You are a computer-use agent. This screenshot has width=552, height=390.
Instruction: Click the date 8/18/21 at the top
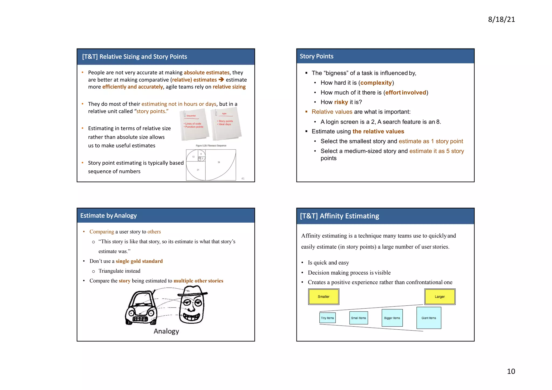tap(501, 19)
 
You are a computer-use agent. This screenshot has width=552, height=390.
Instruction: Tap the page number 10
tap(511, 371)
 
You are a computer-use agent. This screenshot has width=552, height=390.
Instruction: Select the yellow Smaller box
tap(323, 296)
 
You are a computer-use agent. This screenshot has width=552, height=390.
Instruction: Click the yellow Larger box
tap(440, 296)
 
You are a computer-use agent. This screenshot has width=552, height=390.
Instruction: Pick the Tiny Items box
tap(327, 318)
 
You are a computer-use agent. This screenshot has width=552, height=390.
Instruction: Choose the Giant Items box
tap(429, 318)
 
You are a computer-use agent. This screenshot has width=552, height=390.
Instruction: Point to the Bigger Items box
tap(392, 318)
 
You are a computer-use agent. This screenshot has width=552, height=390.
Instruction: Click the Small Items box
tap(358, 318)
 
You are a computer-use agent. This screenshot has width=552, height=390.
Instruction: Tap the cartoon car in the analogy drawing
tap(141, 309)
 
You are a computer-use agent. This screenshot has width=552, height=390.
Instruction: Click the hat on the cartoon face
tap(193, 291)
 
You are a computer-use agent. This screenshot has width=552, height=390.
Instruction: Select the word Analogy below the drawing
tap(166, 331)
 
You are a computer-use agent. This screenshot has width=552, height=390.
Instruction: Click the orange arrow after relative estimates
tap(221, 80)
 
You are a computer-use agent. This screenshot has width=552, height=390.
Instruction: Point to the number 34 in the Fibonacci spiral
tap(219, 162)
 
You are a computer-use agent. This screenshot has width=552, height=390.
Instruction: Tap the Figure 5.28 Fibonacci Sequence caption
tap(211, 146)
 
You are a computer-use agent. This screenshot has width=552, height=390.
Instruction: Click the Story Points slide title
tap(316, 56)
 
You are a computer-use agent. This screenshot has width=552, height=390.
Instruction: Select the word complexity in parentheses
tap(376, 83)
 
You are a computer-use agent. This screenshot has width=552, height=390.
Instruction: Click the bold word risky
tap(341, 102)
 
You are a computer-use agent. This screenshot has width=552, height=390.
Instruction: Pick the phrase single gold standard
tap(139, 261)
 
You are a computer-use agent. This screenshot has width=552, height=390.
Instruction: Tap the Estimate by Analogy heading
tap(108, 216)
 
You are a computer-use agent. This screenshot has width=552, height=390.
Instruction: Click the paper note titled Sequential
tap(194, 125)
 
